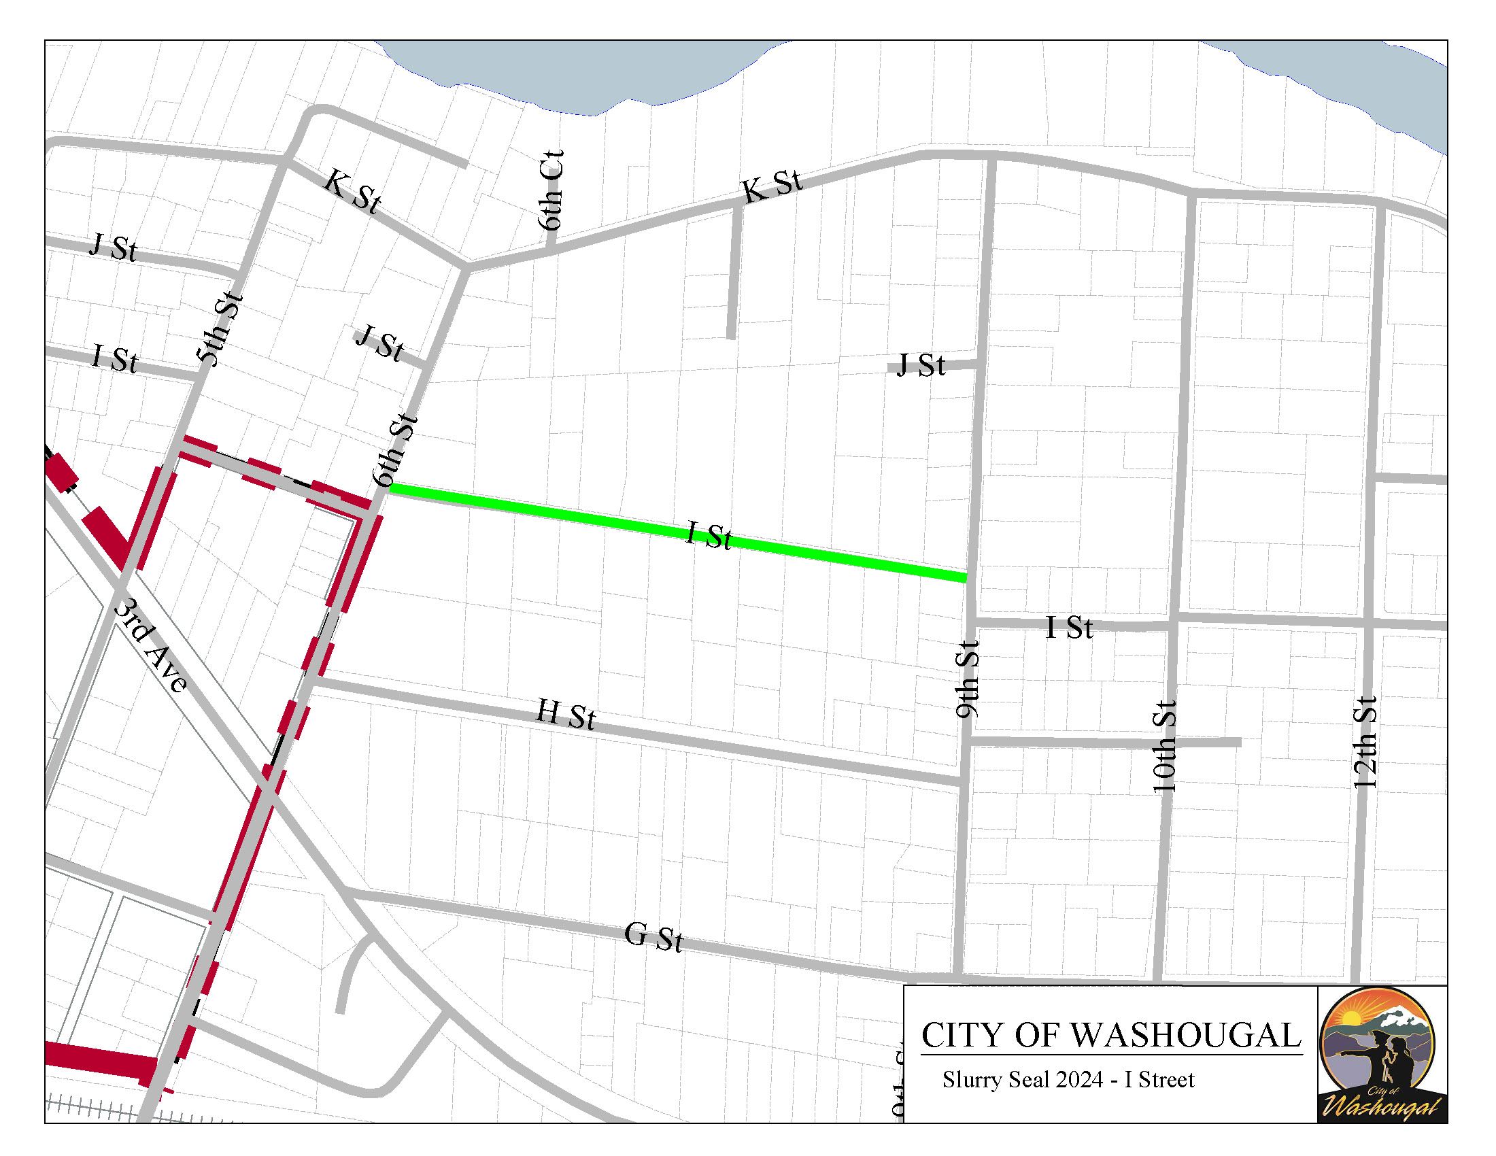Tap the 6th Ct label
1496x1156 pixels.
tap(551, 190)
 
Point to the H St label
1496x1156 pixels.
tap(566, 715)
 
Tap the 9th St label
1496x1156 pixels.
tap(968, 679)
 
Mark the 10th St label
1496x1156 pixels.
tap(1164, 746)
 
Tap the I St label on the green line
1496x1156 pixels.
tap(709, 537)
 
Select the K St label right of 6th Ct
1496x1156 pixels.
tap(772, 187)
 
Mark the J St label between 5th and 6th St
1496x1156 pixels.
tap(380, 344)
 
